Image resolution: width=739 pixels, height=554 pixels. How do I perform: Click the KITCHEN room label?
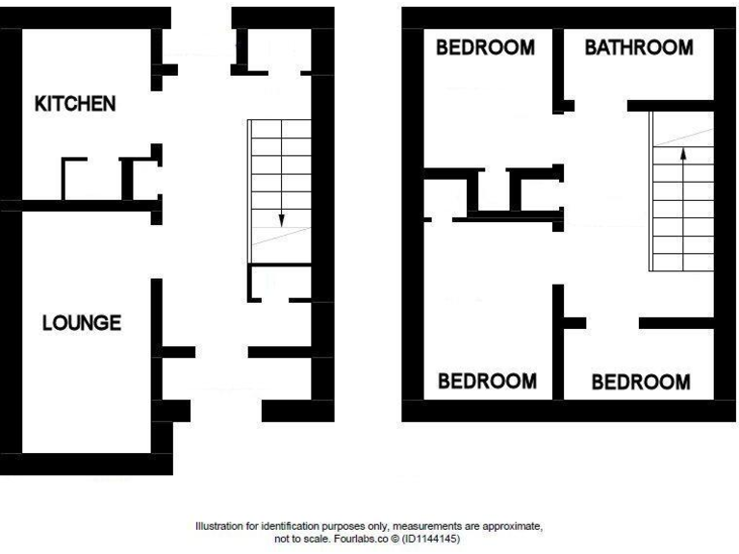pyautogui.click(x=75, y=104)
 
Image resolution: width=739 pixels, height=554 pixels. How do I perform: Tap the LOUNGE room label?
pyautogui.click(x=82, y=323)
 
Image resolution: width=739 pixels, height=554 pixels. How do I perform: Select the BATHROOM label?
pyautogui.click(x=639, y=48)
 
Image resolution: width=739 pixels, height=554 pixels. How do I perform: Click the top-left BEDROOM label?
pyautogui.click(x=486, y=48)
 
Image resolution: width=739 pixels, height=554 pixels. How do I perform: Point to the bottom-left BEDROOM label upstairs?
pyautogui.click(x=487, y=381)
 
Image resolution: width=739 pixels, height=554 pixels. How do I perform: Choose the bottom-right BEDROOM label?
pyautogui.click(x=640, y=382)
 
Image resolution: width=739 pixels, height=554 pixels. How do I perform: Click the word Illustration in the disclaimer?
pyautogui.click(x=220, y=527)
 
